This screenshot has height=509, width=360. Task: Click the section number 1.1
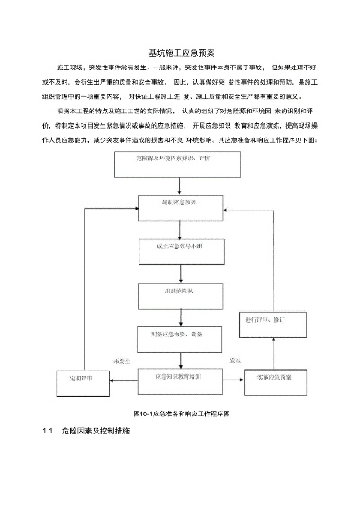pyautogui.click(x=49, y=432)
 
